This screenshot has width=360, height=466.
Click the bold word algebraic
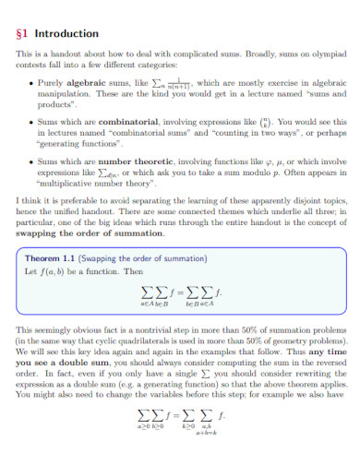pyautogui.click(x=84, y=83)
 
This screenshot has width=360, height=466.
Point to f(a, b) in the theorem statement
pyautogui.click(x=64, y=272)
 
